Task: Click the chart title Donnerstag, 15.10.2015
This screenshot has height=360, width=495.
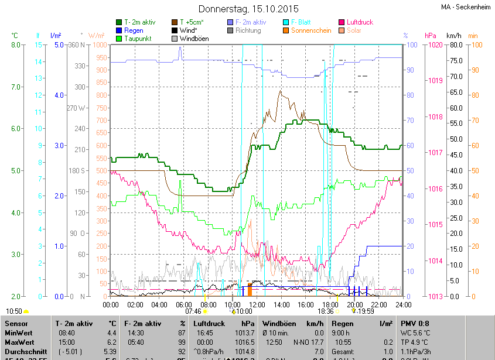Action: (248, 9)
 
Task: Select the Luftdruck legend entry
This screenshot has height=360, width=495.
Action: (359, 22)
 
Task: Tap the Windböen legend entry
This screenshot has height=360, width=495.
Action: (194, 39)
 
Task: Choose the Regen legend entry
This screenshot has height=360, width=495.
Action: (134, 30)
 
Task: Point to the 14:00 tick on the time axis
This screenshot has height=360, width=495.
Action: (282, 304)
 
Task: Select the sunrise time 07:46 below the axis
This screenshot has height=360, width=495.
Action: (193, 311)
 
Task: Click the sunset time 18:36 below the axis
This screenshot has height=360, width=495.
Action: (326, 311)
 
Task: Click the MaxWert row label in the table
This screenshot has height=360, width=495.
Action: (20, 341)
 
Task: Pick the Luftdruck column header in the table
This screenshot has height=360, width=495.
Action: (209, 323)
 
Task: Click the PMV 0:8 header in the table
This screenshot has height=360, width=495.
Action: (415, 323)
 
